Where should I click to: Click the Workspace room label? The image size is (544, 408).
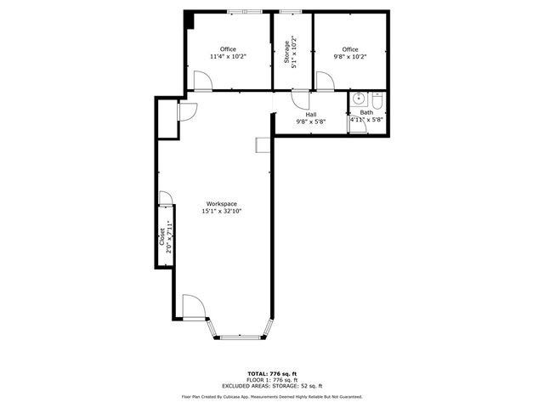point(220,203)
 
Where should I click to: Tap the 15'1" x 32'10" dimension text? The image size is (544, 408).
point(220,212)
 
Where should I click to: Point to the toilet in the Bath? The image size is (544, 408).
point(378,101)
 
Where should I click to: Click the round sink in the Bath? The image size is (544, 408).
point(359,99)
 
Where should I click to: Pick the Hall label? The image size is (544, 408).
point(311,114)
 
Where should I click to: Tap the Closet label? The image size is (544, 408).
point(162,237)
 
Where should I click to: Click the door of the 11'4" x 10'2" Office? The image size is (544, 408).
point(202,82)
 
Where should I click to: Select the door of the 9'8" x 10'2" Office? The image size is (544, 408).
point(325,82)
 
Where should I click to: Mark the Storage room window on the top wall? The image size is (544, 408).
point(291,11)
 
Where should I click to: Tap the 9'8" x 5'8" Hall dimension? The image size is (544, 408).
point(311,122)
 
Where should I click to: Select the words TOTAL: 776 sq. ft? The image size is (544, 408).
point(271,373)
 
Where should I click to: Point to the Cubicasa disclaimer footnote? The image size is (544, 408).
point(271,396)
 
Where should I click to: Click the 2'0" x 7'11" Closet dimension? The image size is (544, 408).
point(170,237)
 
